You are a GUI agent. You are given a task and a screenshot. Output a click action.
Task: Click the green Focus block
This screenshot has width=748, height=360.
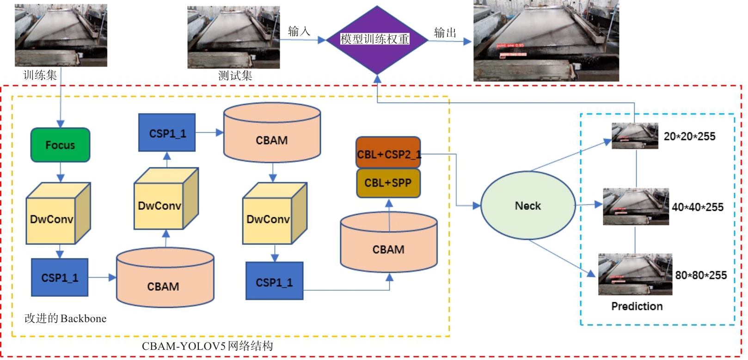click(x=60, y=145)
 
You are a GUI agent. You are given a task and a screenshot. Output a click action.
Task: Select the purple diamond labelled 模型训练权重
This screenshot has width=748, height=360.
click(x=377, y=40)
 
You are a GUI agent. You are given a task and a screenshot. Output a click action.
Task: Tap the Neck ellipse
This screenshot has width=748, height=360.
click(x=528, y=206)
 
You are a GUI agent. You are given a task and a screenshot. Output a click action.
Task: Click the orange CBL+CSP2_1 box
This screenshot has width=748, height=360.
click(x=388, y=153)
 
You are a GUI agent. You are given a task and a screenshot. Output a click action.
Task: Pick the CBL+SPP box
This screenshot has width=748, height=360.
click(x=388, y=183)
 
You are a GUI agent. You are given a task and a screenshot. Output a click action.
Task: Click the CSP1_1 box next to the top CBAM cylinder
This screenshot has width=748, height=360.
click(x=167, y=133)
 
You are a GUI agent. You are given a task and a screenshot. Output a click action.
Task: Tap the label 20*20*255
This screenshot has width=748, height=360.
click(x=689, y=136)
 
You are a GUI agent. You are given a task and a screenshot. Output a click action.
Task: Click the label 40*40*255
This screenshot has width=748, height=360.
click(x=697, y=207)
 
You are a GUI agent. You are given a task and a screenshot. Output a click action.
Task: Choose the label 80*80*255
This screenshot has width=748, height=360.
click(x=700, y=275)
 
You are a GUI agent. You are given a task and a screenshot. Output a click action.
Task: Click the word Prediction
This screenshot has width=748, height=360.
click(x=637, y=306)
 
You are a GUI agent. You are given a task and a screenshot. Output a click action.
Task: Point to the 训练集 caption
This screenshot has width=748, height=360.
click(x=40, y=75)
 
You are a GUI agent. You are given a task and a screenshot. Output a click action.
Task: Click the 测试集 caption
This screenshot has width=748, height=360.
click(x=235, y=76)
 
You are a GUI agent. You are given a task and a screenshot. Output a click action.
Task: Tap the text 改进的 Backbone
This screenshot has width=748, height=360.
click(x=65, y=318)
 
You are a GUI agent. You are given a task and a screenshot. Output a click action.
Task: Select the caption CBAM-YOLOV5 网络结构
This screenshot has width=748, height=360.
click(x=207, y=346)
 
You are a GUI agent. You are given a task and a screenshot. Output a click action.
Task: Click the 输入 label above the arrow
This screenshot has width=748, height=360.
click(x=299, y=31)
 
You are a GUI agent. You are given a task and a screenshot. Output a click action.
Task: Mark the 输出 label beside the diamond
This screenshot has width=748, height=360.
click(x=445, y=33)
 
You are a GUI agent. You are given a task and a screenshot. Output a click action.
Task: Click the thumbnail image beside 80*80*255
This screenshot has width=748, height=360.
click(x=635, y=275)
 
